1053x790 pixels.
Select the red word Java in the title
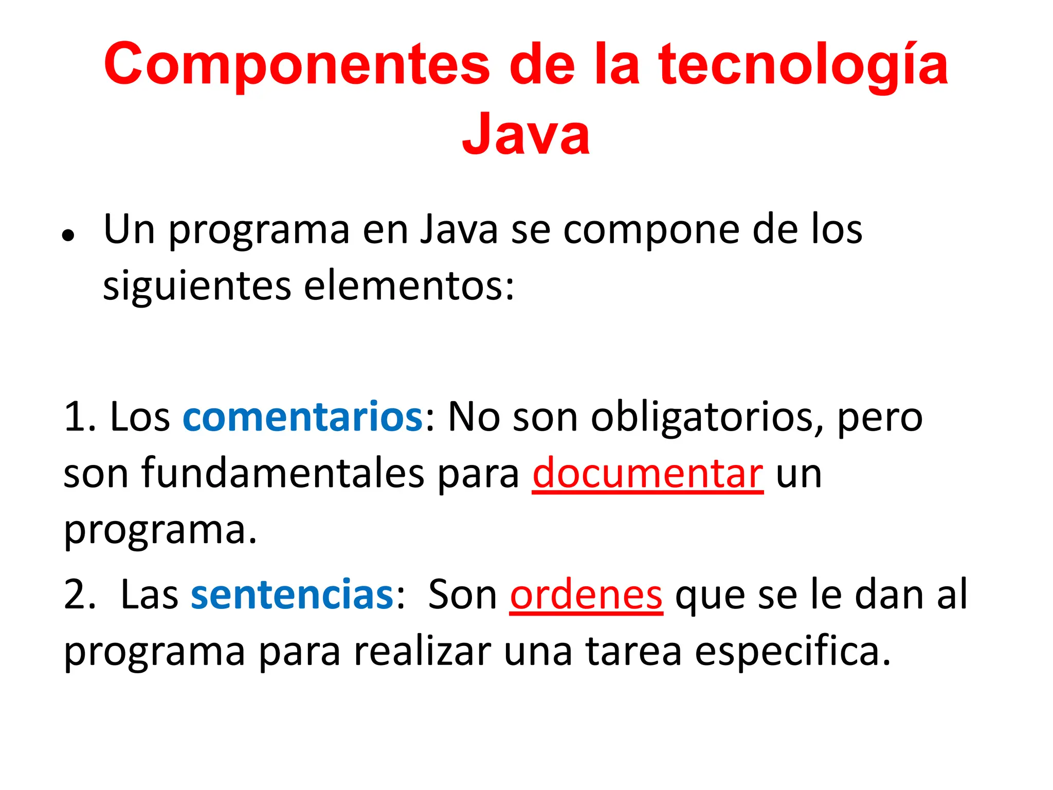(525, 134)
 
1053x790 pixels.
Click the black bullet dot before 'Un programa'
(68, 236)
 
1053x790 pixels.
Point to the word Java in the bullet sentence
(459, 229)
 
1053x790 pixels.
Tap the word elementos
(409, 286)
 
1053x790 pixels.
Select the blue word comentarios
(303, 417)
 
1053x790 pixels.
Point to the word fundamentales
(282, 473)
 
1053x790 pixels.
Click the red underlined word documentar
(647, 473)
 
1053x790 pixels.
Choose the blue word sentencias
(292, 595)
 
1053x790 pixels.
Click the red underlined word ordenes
(586, 595)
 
